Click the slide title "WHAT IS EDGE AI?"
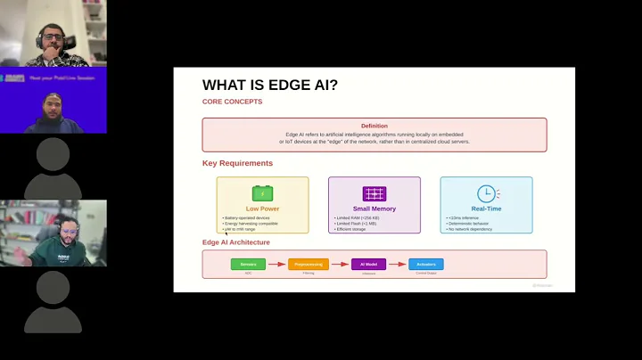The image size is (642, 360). (x=270, y=86)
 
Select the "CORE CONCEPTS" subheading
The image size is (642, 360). (x=232, y=102)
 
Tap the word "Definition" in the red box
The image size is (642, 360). (x=374, y=126)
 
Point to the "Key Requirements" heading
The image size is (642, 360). (x=237, y=163)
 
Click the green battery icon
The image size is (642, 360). (x=262, y=192)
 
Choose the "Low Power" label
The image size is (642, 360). (x=262, y=209)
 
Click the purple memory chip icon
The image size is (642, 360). (x=374, y=193)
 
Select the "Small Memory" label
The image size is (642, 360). (x=374, y=209)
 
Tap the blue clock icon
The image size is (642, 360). (x=486, y=193)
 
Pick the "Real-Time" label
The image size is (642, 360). (x=486, y=209)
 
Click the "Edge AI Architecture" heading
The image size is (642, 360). (x=236, y=242)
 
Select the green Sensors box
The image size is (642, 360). (x=249, y=264)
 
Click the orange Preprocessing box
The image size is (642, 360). (x=309, y=264)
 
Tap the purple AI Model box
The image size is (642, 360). (x=368, y=264)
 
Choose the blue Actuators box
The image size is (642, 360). (x=426, y=264)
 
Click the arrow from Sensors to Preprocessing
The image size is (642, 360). (x=277, y=264)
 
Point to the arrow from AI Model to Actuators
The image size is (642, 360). (x=398, y=264)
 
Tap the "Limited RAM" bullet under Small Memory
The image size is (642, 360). (x=357, y=217)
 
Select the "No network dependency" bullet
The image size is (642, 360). (x=471, y=229)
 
